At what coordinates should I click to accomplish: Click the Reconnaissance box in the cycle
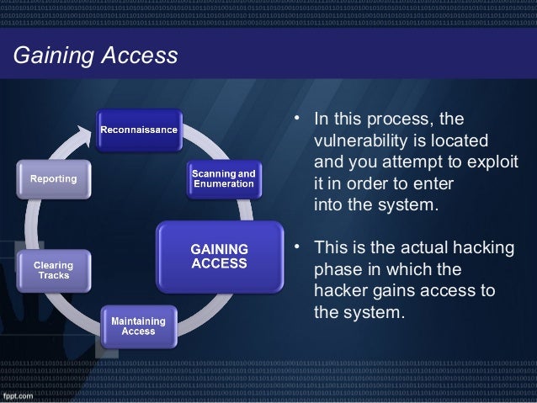pos(139,129)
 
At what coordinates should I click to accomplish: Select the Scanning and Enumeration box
pos(223,178)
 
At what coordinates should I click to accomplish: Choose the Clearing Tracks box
pos(53,270)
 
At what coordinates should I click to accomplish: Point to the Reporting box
pos(53,179)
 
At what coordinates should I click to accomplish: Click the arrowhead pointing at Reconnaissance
pos(84,131)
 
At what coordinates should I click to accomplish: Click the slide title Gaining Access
pos(94,56)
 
